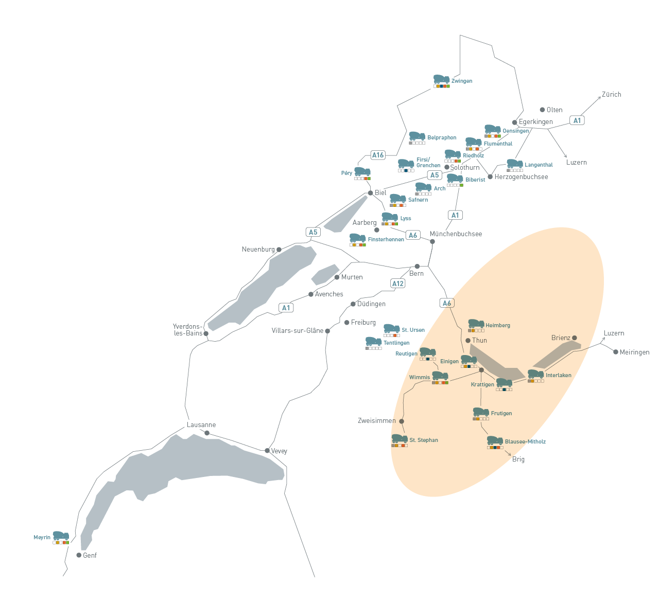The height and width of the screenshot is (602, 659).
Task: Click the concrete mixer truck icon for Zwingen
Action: click(441, 79)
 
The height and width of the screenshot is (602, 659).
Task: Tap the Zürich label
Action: click(611, 95)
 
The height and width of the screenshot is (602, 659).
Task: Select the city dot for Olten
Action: click(542, 110)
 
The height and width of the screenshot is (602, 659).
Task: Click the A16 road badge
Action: click(378, 155)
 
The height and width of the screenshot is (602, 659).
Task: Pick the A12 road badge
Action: click(398, 284)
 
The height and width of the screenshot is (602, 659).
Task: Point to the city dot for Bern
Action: click(417, 267)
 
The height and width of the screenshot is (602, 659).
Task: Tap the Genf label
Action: click(90, 556)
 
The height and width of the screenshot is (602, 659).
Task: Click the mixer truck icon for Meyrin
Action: click(61, 535)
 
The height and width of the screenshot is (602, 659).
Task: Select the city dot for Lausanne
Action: click(207, 433)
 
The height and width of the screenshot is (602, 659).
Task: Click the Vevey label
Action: click(279, 451)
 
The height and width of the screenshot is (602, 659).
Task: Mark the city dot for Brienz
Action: click(575, 338)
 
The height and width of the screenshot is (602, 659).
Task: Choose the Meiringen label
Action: click(634, 352)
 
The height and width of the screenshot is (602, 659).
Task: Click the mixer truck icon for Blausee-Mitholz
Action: click(495, 440)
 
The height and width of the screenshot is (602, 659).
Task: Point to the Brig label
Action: click(518, 459)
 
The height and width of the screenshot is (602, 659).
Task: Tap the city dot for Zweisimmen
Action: click(402, 421)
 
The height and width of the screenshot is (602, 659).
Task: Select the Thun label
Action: click(479, 341)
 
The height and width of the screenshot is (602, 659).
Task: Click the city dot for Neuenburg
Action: click(279, 250)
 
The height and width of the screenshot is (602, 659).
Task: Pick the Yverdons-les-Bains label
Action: click(187, 330)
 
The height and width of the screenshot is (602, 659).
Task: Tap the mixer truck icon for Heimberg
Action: click(476, 324)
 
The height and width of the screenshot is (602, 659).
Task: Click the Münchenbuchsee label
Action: click(456, 234)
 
